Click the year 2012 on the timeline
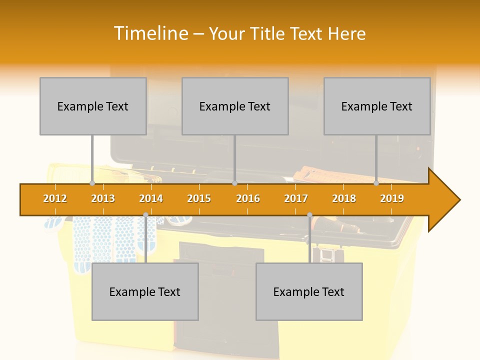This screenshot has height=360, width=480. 55,198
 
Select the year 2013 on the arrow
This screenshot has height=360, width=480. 103,198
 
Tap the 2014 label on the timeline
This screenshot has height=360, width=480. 151,198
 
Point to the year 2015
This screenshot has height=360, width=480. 199,198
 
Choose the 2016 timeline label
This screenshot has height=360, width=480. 248,198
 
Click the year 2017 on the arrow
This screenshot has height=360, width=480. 296,198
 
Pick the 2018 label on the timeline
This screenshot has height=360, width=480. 344,198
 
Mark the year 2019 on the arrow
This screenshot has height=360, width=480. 392,198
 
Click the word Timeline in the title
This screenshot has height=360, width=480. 150,33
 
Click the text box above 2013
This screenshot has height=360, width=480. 93,106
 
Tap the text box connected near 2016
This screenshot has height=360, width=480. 235,106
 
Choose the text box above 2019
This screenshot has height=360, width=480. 377,106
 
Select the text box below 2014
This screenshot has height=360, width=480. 145,291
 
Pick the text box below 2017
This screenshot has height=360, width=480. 309,291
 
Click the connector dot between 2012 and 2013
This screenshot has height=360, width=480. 92,183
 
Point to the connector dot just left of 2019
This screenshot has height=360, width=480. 376,183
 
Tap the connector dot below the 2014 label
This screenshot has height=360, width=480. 145,215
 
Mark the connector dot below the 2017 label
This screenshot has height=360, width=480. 309,215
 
